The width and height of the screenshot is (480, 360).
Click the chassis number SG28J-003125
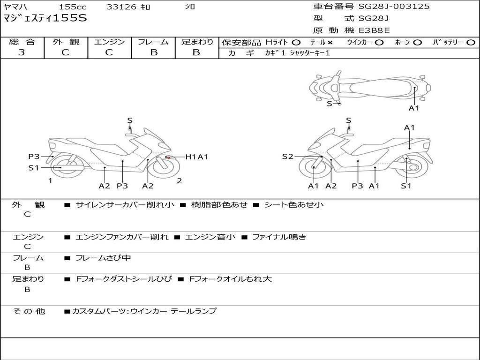[394, 7]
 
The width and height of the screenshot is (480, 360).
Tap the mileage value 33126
[121, 7]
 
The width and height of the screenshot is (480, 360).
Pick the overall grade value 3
[22, 52]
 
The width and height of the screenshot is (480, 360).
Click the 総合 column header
[22, 42]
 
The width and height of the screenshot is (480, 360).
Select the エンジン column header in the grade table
[109, 42]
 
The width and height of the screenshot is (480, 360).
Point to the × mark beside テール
[330, 43]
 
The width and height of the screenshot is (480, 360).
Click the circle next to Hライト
[296, 43]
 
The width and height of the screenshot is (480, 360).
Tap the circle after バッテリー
[471, 43]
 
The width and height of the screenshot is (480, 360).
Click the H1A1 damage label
[196, 157]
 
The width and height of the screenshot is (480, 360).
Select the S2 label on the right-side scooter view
[287, 157]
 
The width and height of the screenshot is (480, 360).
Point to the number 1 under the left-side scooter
[50, 180]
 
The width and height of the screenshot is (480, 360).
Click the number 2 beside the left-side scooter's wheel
[180, 180]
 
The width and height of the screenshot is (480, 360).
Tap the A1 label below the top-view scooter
[414, 108]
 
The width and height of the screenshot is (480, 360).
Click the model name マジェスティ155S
[45, 19]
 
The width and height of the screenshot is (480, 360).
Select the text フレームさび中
[103, 258]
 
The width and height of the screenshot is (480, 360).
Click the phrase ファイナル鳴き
[279, 237]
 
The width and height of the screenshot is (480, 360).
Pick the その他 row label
[29, 311]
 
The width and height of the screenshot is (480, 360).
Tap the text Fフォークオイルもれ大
[230, 279]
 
